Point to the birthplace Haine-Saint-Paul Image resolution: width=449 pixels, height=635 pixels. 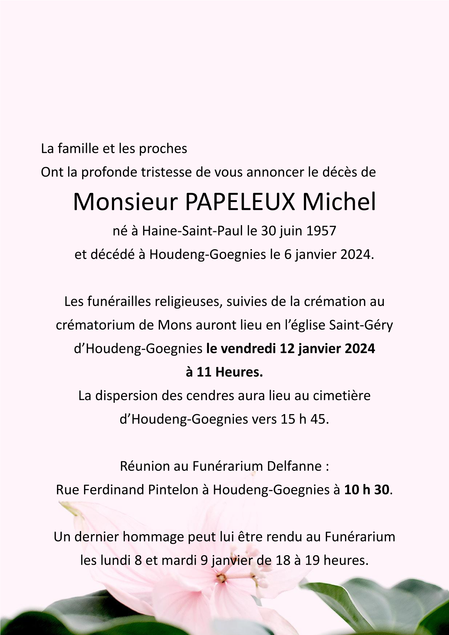[x=193, y=231]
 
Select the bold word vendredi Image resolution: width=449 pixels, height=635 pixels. [x=249, y=349]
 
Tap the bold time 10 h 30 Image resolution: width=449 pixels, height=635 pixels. [x=367, y=490]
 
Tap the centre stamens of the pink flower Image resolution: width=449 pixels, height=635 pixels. [x=222, y=578]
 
